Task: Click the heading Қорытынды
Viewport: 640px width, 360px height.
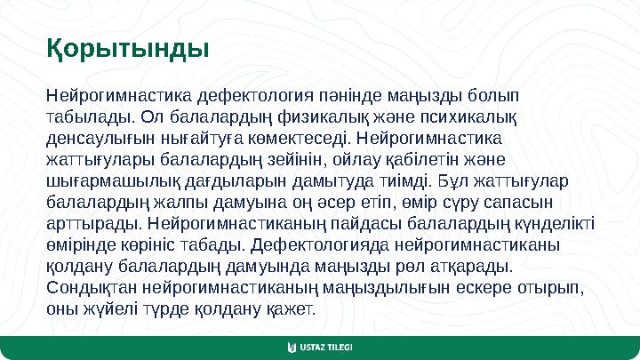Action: [x=128, y=47]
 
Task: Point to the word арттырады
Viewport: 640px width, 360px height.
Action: [x=90, y=223]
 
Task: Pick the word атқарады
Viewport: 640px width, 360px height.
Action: [x=479, y=266]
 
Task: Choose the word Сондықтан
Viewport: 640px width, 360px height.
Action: [x=90, y=287]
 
